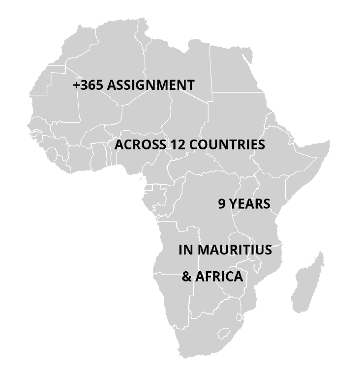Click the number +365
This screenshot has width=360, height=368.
(x=88, y=85)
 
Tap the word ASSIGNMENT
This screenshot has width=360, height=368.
(x=150, y=85)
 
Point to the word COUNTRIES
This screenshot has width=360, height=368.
(x=227, y=145)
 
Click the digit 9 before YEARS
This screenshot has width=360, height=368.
(x=222, y=204)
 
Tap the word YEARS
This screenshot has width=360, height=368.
(x=250, y=204)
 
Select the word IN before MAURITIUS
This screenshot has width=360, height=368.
(x=186, y=250)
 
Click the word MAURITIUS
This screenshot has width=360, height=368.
(x=235, y=250)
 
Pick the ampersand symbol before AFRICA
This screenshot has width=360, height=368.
(x=186, y=277)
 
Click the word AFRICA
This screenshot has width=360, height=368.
(x=219, y=277)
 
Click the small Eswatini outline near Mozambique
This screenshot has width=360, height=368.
(x=240, y=314)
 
